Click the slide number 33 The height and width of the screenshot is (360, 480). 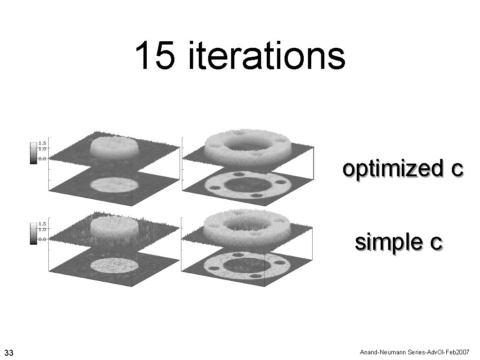8,352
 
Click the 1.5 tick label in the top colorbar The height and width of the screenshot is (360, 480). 42,143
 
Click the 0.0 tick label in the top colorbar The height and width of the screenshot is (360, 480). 42,158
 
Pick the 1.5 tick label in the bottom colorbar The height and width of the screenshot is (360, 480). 42,224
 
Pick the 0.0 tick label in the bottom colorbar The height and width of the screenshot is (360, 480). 42,239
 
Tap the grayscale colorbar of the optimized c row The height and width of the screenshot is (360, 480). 33,152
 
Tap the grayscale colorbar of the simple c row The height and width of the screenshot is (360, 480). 33,233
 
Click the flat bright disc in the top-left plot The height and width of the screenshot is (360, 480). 114,184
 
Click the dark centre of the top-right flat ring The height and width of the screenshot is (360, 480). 247,183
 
